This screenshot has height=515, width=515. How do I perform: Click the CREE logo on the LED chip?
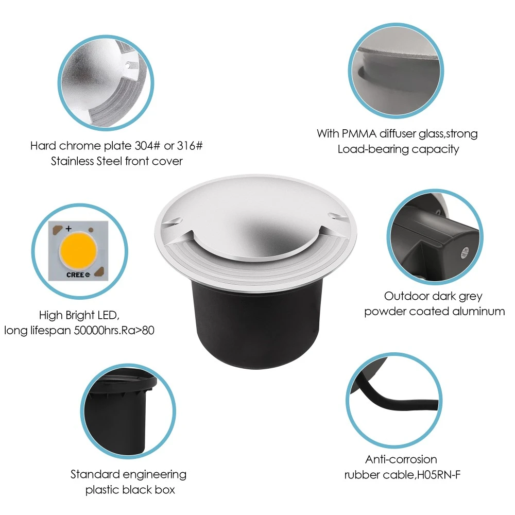[x=78, y=274]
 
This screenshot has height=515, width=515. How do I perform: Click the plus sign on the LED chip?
[x=68, y=229]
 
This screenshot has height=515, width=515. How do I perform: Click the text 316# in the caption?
[x=190, y=146]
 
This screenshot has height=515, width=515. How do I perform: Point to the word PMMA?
[x=359, y=134]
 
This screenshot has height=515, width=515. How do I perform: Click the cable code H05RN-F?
[x=439, y=475]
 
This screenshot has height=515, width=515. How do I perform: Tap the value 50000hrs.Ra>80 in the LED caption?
[x=114, y=330]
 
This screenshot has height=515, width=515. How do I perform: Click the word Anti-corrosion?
[x=401, y=459]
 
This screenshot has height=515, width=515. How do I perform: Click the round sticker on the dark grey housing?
[x=464, y=252]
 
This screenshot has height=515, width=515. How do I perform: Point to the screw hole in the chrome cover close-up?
[x=127, y=65]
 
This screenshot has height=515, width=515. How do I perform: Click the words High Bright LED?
[x=79, y=315]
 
